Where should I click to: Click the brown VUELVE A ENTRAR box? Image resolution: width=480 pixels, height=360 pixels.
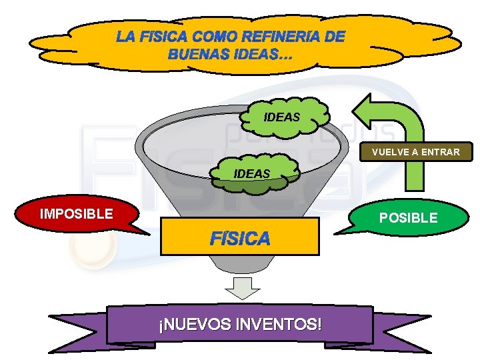point(415,152)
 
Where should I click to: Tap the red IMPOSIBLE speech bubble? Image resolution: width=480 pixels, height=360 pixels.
point(77,214)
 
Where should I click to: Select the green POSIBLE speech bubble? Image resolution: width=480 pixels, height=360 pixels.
point(409,217)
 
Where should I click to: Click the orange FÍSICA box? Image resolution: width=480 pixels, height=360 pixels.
point(240,237)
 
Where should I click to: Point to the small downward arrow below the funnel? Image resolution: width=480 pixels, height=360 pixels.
point(241,289)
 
